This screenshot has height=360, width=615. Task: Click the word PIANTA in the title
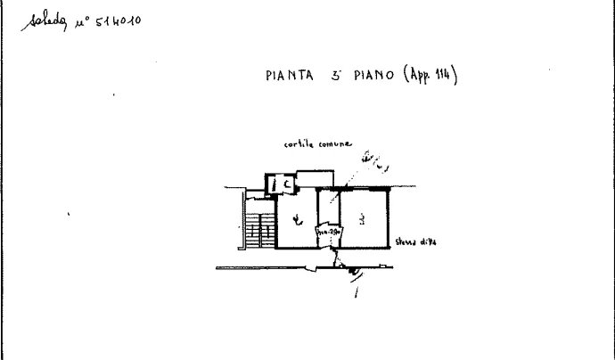tap(288, 77)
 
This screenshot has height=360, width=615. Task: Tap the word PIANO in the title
tap(365, 77)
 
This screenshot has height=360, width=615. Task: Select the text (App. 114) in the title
tap(430, 77)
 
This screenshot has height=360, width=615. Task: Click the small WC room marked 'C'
tap(283, 184)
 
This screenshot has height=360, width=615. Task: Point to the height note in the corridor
tap(330, 232)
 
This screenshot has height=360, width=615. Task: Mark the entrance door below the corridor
tap(338, 258)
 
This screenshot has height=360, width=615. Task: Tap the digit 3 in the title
tap(338, 77)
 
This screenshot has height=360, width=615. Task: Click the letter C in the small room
tap(288, 184)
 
